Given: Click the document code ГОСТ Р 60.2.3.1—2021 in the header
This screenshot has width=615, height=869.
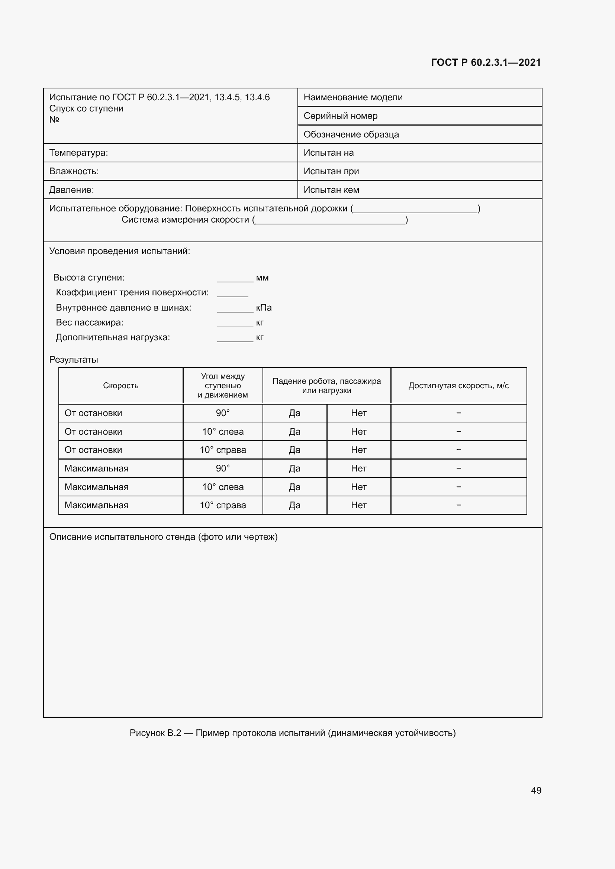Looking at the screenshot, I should click(x=486, y=62).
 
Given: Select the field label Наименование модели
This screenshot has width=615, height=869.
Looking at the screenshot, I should click(x=353, y=97).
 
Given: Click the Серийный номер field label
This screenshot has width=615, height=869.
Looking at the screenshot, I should click(x=341, y=116).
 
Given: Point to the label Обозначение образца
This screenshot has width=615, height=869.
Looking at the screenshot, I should click(x=351, y=134).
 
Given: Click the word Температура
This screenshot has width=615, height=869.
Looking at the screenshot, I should click(x=78, y=153).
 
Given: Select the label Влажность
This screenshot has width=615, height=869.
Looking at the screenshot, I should click(x=74, y=171).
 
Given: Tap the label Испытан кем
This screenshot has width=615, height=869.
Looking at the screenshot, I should click(x=331, y=190).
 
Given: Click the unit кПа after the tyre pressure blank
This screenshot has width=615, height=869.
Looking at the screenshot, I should click(x=264, y=308).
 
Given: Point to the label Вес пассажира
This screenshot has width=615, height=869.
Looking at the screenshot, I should click(x=89, y=322).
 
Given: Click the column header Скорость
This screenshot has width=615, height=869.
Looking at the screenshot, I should click(x=121, y=386).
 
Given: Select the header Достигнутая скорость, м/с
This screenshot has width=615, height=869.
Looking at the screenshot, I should click(x=458, y=386).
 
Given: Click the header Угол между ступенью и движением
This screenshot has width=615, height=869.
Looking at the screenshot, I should click(x=223, y=386).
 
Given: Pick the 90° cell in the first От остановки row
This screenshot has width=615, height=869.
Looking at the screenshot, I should click(x=223, y=413).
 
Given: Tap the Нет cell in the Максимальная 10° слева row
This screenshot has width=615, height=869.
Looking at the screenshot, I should click(x=358, y=487).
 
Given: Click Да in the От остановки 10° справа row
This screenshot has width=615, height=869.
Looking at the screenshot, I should click(x=294, y=450).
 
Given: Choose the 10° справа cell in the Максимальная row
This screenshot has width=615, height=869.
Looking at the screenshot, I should click(x=223, y=505).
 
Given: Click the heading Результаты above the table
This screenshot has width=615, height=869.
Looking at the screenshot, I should click(x=74, y=360).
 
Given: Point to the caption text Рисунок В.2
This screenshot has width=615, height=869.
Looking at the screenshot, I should click(x=155, y=733).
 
